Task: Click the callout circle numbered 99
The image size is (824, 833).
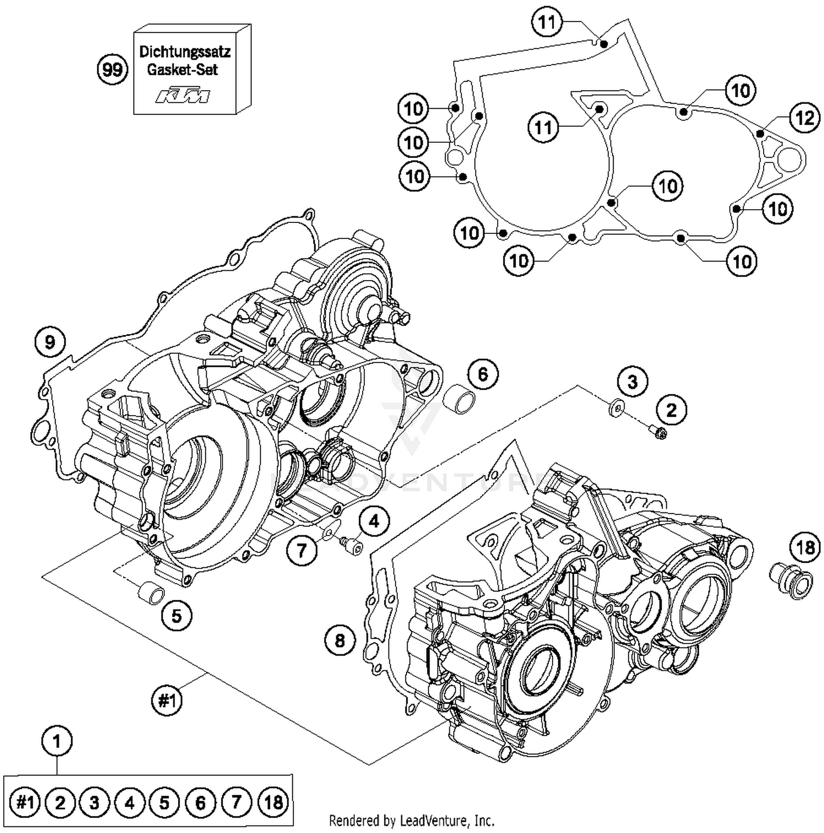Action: pyautogui.click(x=112, y=70)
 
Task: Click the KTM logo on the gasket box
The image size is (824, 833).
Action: pyautogui.click(x=183, y=96)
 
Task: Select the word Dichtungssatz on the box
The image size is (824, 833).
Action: pyautogui.click(x=185, y=52)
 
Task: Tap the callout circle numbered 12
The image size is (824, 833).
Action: pyautogui.click(x=804, y=118)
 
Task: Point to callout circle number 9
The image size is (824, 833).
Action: pyautogui.click(x=49, y=343)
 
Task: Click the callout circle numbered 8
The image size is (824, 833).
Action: pyautogui.click(x=339, y=640)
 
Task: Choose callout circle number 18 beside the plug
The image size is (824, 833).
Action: pyautogui.click(x=805, y=547)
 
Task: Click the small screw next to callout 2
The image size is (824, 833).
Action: pyautogui.click(x=656, y=433)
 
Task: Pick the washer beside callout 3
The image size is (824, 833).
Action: pyautogui.click(x=615, y=407)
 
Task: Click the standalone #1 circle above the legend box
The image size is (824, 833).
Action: pyautogui.click(x=166, y=701)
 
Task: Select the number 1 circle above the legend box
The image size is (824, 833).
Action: pyautogui.click(x=57, y=742)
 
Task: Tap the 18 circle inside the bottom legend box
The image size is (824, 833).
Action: pyautogui.click(x=273, y=803)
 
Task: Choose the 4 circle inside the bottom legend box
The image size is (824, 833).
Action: pyautogui.click(x=129, y=803)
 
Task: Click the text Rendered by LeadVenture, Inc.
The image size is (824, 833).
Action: pyautogui.click(x=411, y=821)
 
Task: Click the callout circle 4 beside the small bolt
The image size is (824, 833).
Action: pyautogui.click(x=374, y=521)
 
